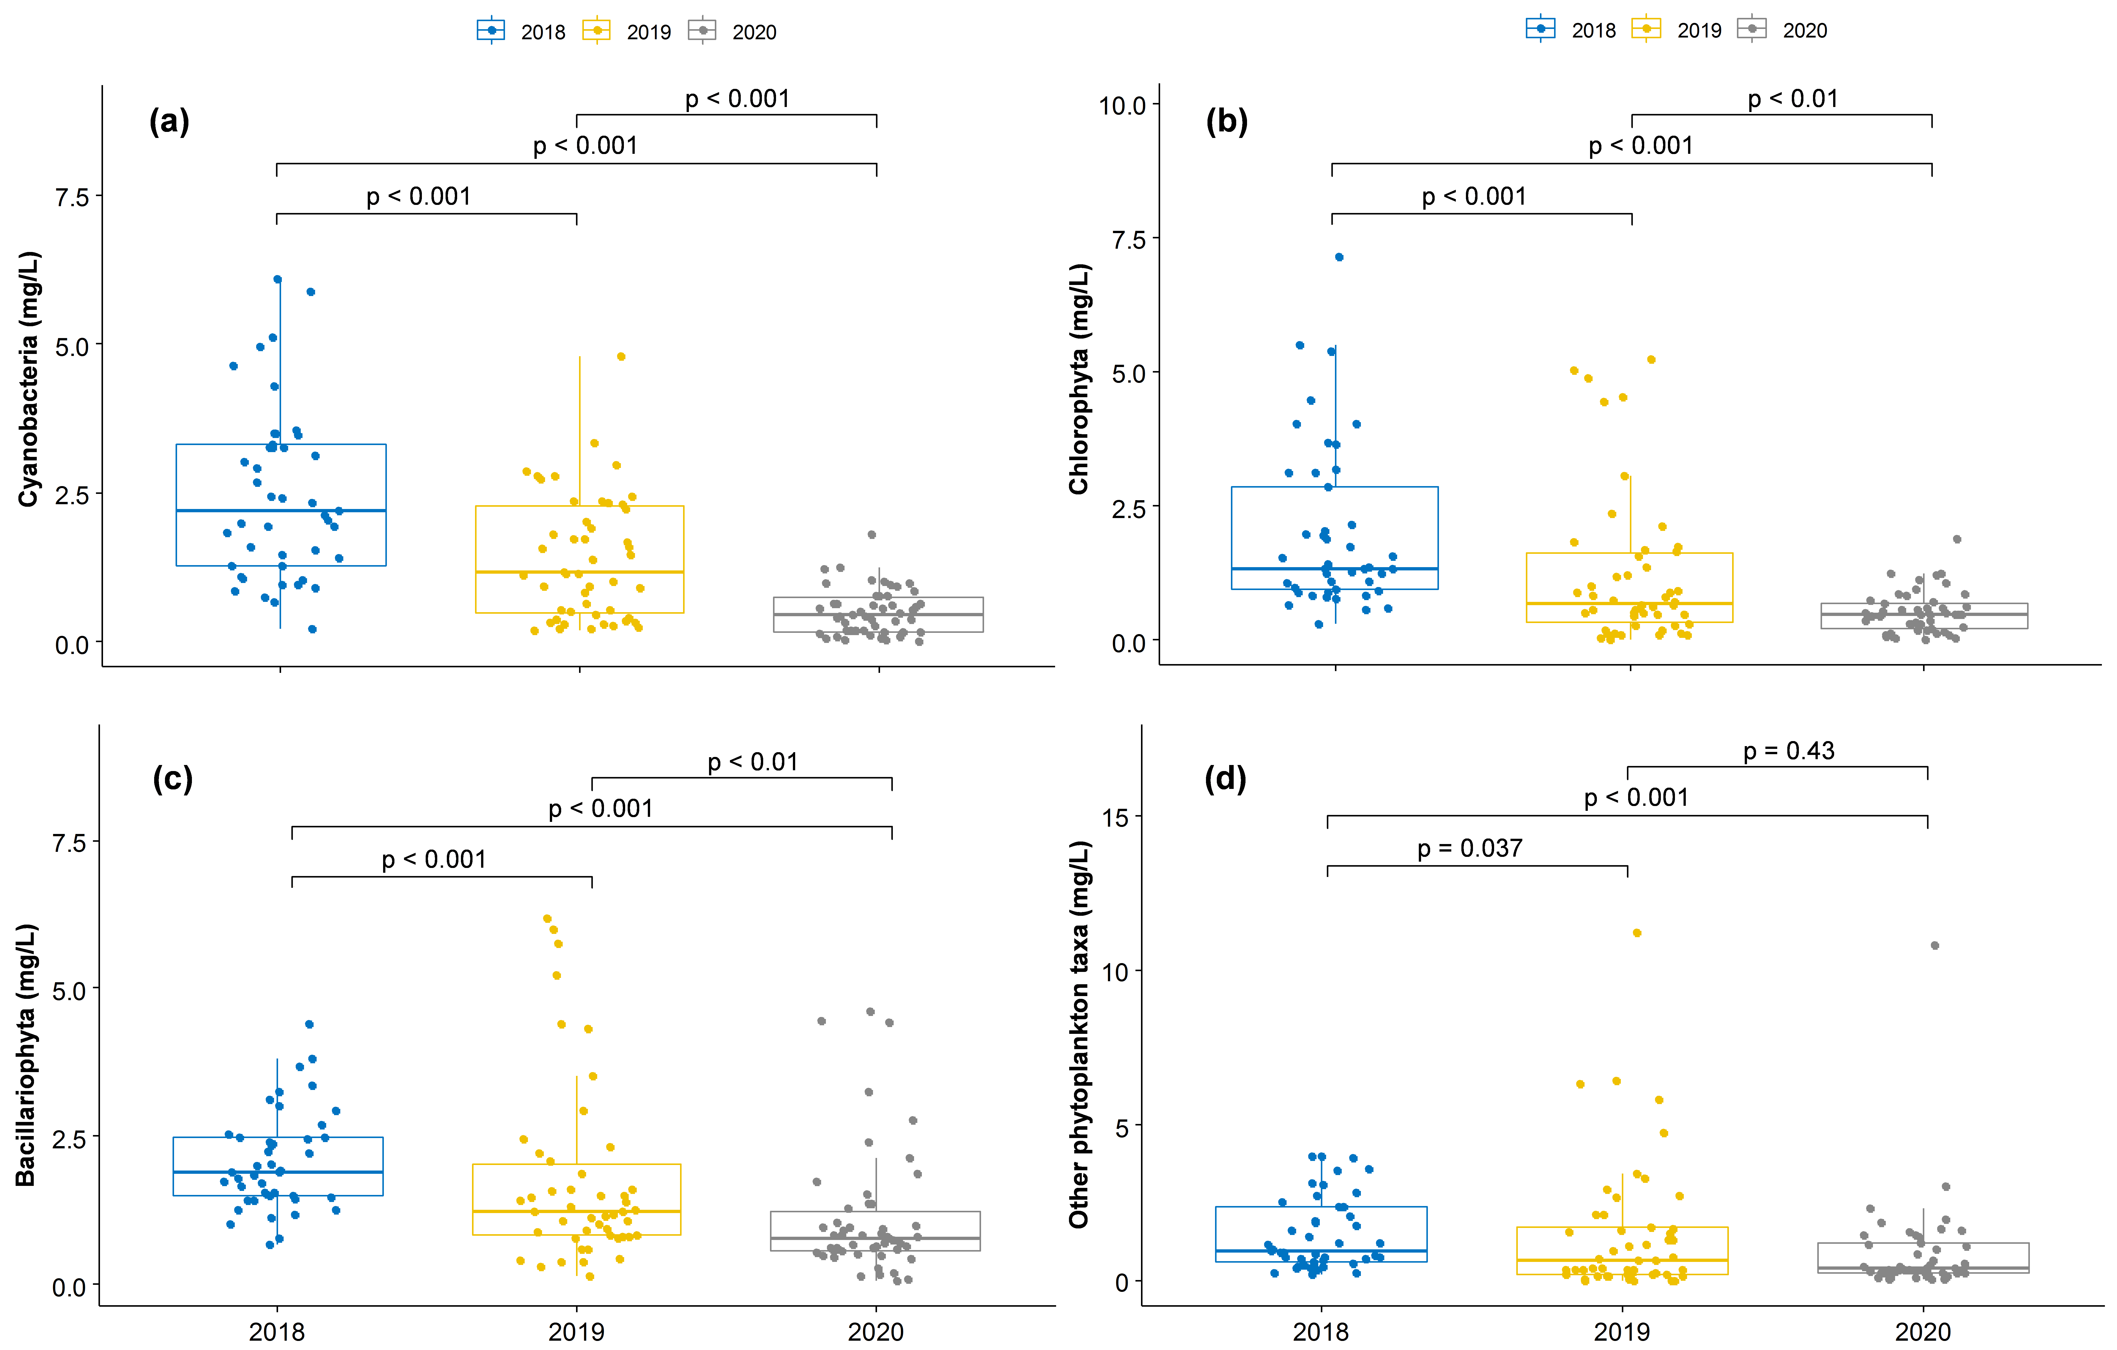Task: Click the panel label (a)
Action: [x=169, y=121]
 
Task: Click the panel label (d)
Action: [x=1225, y=779]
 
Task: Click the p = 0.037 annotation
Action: [x=1470, y=848]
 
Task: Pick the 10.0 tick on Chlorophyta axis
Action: [x=1123, y=105]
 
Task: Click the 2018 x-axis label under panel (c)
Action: [x=277, y=1332]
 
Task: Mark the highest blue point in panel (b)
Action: [x=1339, y=258]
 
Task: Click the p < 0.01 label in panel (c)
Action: [x=753, y=762]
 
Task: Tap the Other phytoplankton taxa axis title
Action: [x=1080, y=1035]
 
